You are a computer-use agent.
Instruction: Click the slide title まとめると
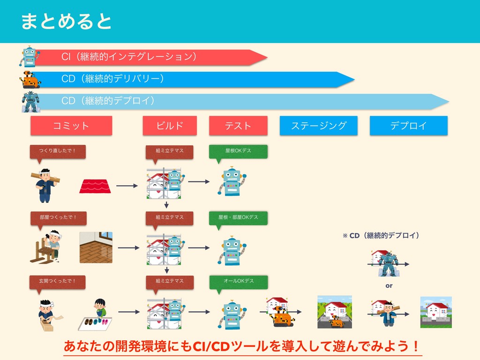[66, 21]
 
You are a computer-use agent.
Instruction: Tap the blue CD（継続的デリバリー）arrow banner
[187, 79]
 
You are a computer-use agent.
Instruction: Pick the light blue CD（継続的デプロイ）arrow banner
[234, 101]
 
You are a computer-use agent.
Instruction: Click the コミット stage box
[71, 126]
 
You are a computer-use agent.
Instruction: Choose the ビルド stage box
[170, 126]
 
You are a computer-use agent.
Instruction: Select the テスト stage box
[238, 126]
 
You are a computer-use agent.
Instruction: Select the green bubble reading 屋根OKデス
[238, 150]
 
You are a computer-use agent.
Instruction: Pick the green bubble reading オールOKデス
[238, 281]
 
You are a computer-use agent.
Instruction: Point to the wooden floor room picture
[96, 247]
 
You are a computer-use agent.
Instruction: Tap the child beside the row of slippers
[100, 308]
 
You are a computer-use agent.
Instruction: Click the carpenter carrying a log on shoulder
[45, 184]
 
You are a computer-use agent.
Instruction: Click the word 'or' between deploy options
[389, 285]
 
